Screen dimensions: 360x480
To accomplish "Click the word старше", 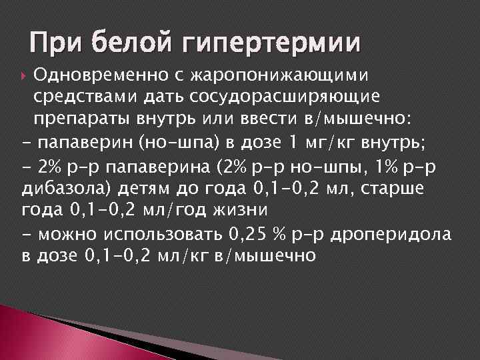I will (394, 189).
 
